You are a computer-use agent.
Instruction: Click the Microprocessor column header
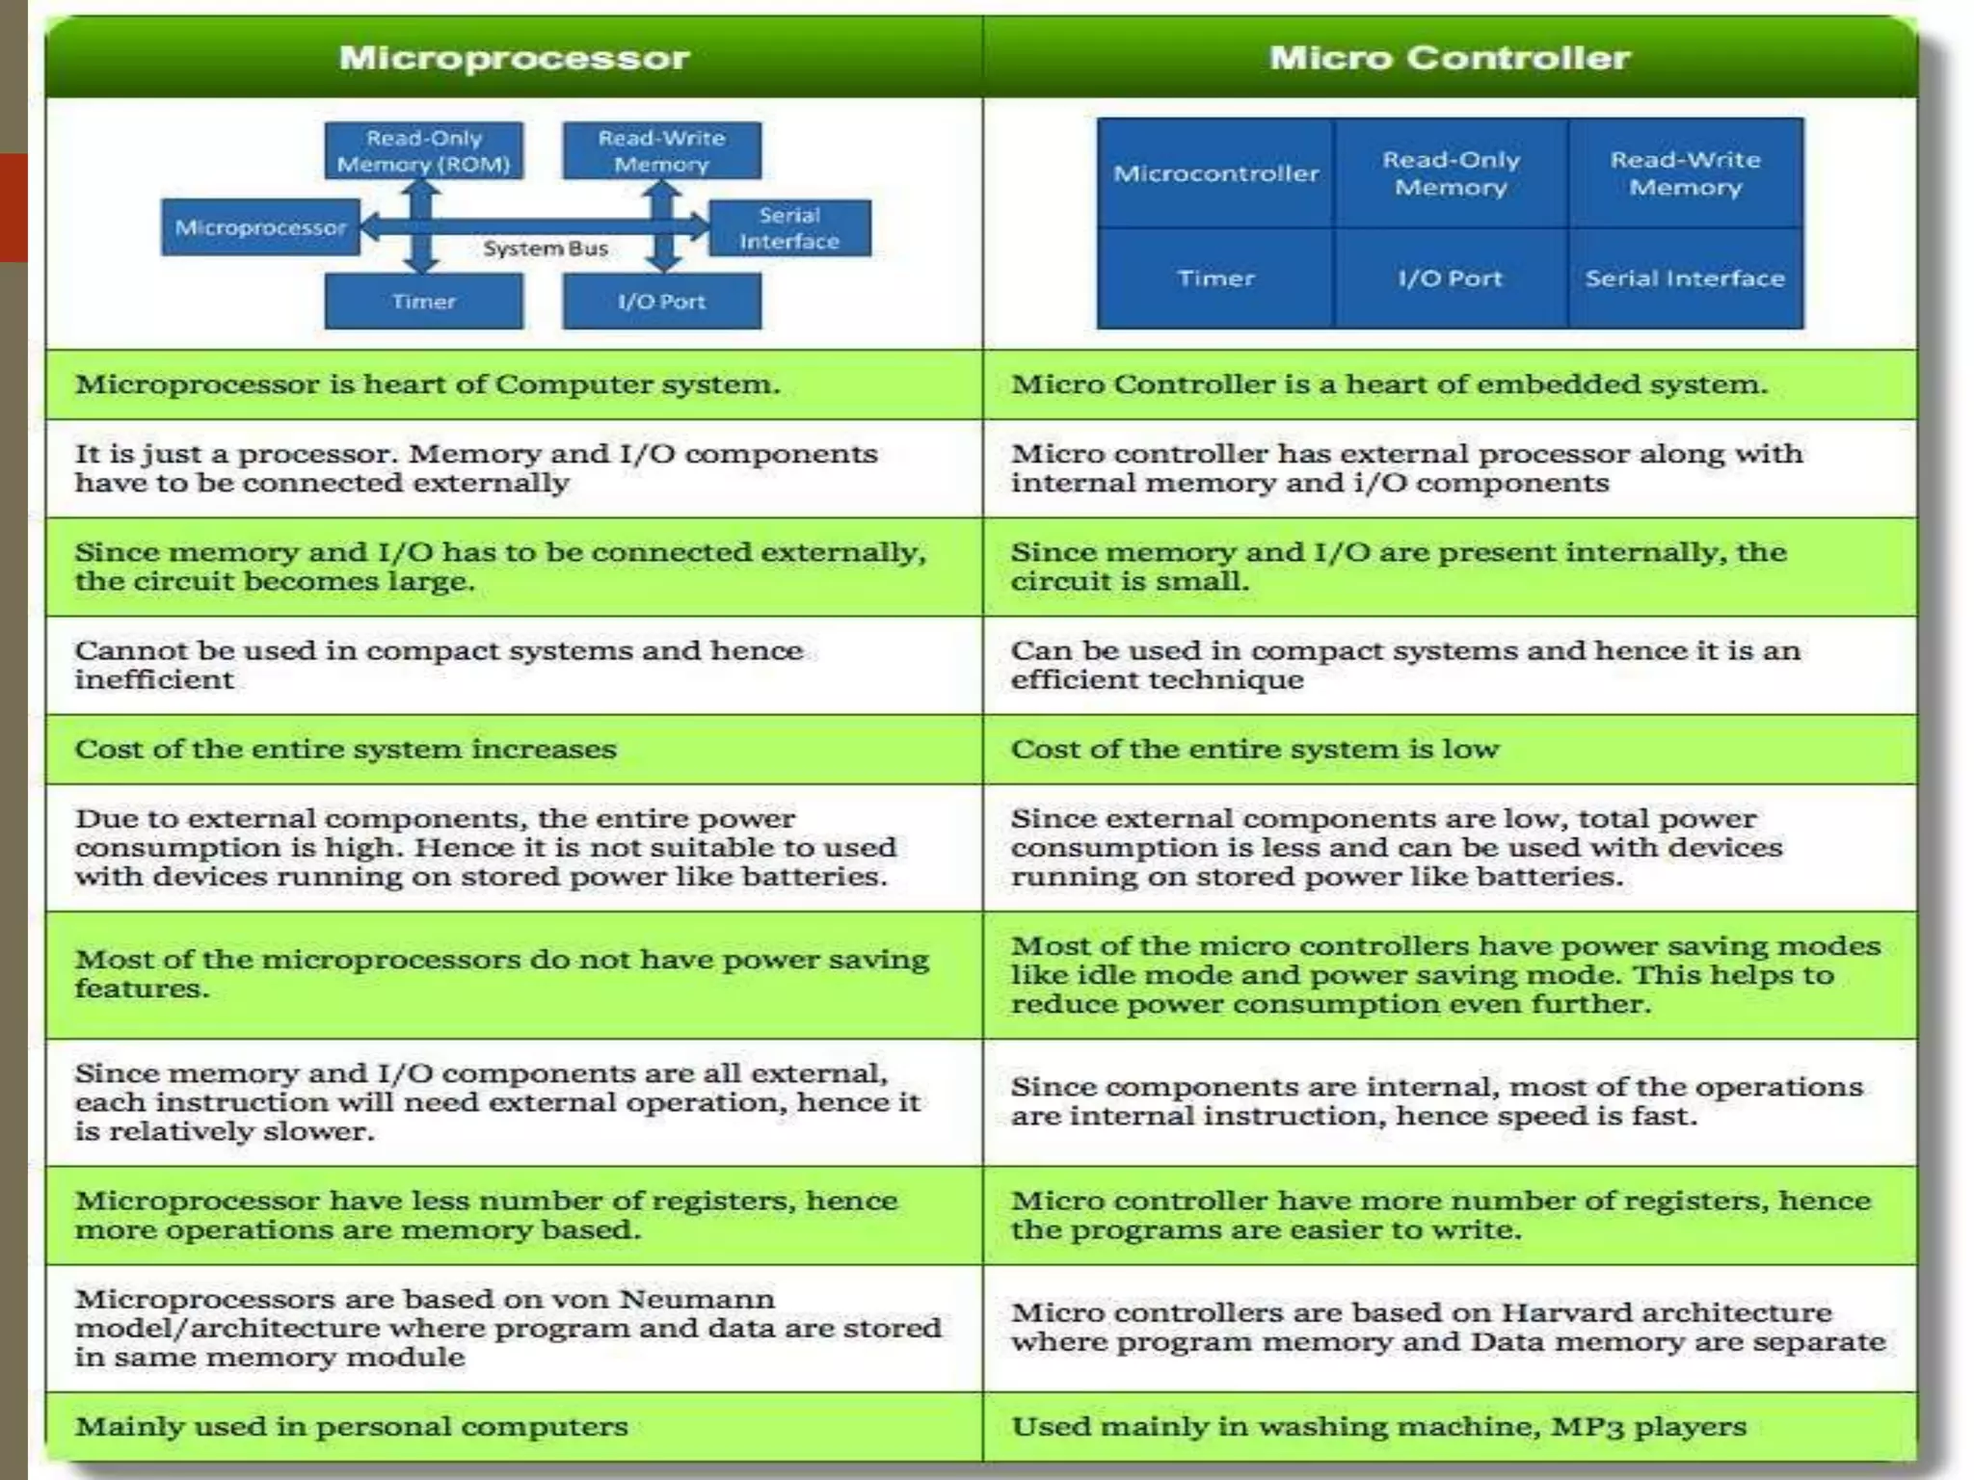pyautogui.click(x=514, y=58)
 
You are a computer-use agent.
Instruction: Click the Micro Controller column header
pyautogui.click(x=1450, y=58)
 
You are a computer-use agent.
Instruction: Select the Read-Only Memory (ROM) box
pyautogui.click(x=423, y=151)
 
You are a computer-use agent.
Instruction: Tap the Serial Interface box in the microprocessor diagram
pyautogui.click(x=789, y=228)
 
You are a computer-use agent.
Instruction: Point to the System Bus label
pyautogui.click(x=546, y=249)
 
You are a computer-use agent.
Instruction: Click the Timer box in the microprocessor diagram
pyautogui.click(x=423, y=302)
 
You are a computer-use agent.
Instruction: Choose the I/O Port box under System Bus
pyautogui.click(x=661, y=302)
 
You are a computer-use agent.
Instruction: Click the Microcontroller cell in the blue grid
pyautogui.click(x=1215, y=173)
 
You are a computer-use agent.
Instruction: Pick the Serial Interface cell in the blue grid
pyautogui.click(x=1685, y=278)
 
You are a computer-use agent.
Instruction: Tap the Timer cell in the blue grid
pyautogui.click(x=1215, y=278)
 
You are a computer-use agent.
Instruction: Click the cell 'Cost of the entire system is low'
pyautogui.click(x=1255, y=749)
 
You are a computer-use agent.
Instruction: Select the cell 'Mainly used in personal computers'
pyautogui.click(x=351, y=1426)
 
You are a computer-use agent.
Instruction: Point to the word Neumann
pyautogui.click(x=696, y=1299)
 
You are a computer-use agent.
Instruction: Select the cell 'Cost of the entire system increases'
pyautogui.click(x=345, y=749)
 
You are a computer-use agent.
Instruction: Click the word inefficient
pyautogui.click(x=154, y=679)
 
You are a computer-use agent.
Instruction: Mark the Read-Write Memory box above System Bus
pyautogui.click(x=661, y=151)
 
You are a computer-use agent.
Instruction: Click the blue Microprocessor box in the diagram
pyautogui.click(x=260, y=228)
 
